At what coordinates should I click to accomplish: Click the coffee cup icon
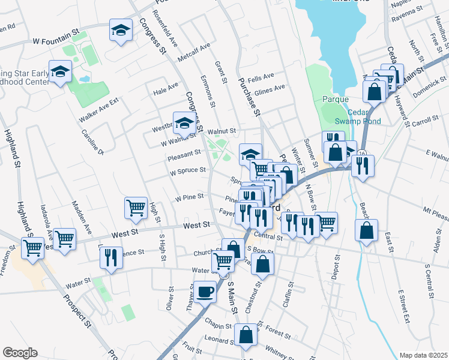(x=205, y=292)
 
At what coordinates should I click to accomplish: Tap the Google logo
(x=20, y=353)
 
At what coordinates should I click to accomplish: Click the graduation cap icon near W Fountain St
(x=121, y=30)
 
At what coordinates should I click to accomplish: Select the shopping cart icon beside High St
(x=136, y=208)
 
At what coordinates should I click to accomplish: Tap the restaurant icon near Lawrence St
(x=111, y=257)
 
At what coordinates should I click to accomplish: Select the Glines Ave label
(x=270, y=89)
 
